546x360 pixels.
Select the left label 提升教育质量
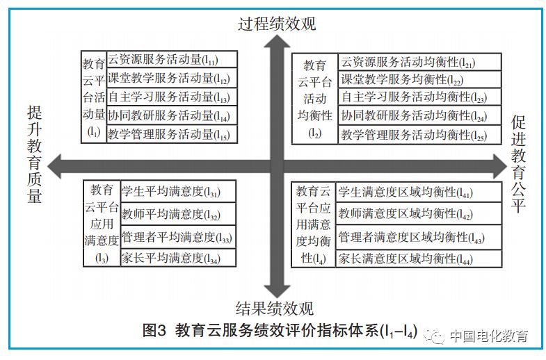[35, 154]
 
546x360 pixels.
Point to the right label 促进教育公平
[519, 164]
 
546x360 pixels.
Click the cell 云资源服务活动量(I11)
[171, 60]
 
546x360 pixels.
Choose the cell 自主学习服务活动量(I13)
[171, 97]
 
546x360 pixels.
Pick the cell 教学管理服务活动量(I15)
[171, 134]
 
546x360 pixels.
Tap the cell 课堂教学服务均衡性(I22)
[419, 80]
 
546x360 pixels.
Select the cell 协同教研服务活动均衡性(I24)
[419, 116]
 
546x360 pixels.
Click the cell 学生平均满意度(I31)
[177, 191]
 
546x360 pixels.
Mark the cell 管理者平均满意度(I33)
[177, 237]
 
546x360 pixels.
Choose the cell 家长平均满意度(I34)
[177, 258]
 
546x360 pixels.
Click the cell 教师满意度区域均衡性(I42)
[419, 213]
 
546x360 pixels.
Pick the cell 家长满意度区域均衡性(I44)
[419, 259]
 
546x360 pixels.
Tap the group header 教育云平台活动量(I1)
[94, 96]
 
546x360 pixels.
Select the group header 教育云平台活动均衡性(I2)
[314, 99]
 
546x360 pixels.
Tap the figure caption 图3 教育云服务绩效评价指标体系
[279, 331]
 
